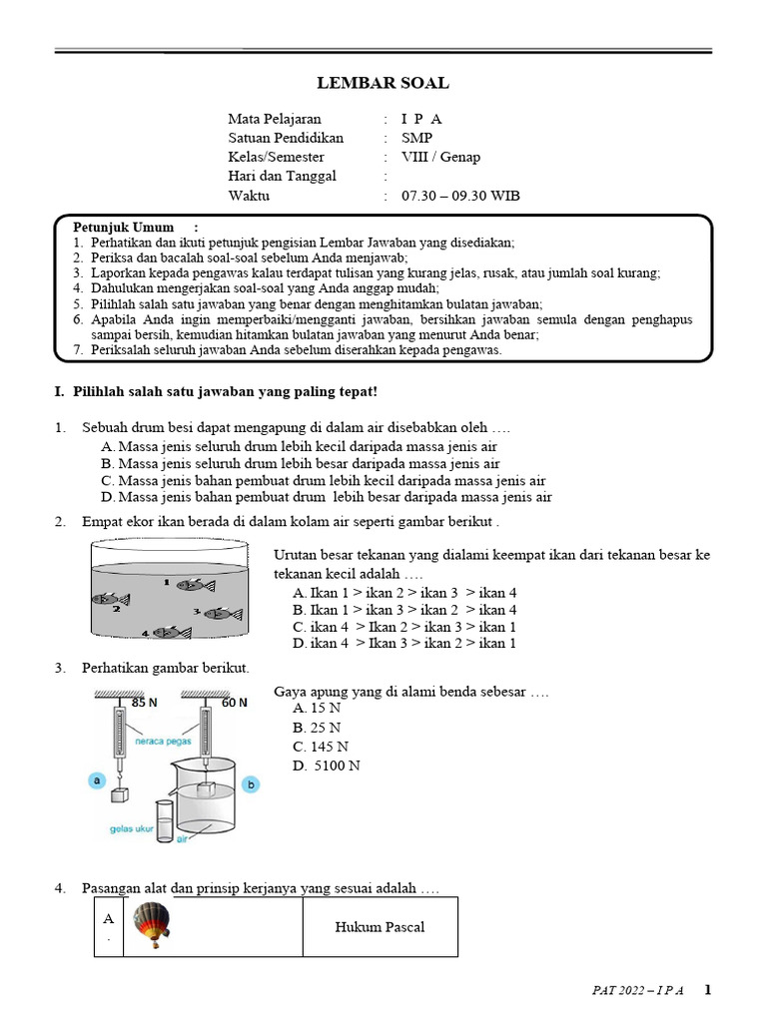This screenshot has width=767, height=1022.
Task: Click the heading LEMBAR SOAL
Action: click(383, 83)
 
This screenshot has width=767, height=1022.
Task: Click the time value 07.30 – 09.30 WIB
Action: click(460, 196)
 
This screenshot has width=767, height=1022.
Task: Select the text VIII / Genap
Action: click(440, 158)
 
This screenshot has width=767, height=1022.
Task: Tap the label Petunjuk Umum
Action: click(123, 228)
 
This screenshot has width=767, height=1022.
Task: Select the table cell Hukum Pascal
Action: click(380, 927)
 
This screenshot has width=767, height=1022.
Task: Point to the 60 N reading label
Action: click(235, 703)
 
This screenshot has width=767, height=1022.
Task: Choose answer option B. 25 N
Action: click(317, 727)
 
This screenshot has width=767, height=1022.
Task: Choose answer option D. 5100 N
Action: click(327, 766)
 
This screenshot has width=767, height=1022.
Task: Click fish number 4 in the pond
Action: click(169, 632)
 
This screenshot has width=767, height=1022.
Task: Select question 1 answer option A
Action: click(300, 446)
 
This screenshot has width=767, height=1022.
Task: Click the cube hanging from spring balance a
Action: click(122, 795)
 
